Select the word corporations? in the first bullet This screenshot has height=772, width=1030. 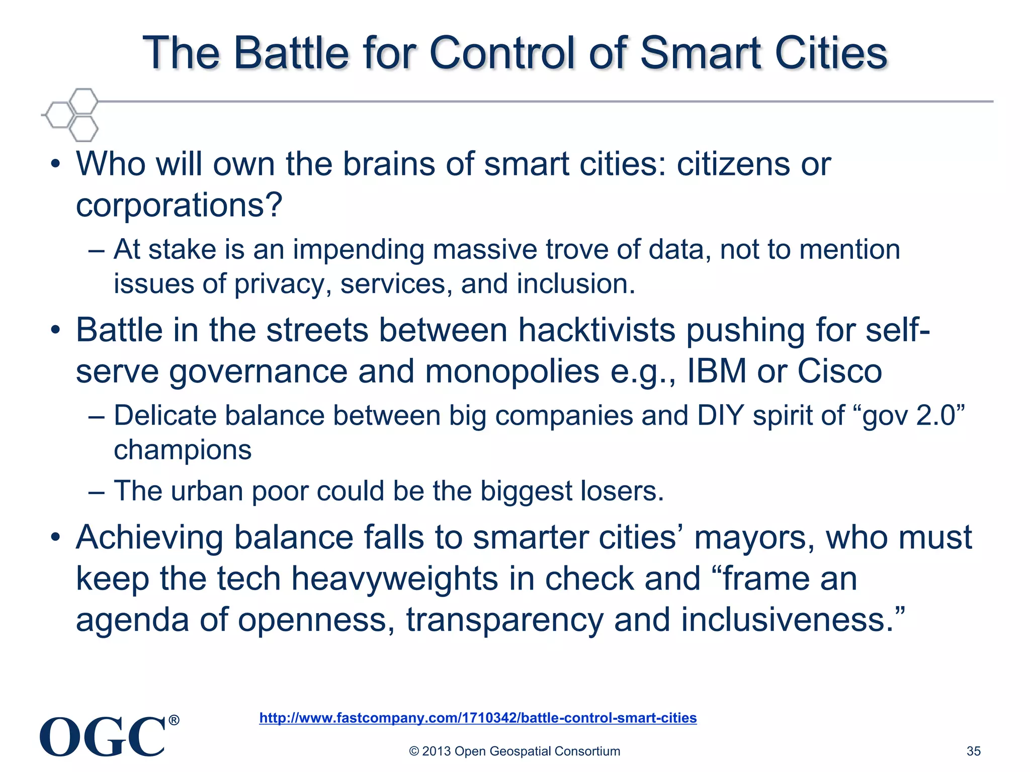point(179,206)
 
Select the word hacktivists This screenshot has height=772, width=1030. point(596,330)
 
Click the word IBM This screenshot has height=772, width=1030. point(717,371)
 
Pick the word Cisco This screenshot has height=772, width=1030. point(839,371)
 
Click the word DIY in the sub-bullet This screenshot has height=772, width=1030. point(720,416)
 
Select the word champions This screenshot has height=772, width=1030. point(183,450)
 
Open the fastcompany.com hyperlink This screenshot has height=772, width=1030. point(478,718)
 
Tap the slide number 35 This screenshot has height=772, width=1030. point(973,751)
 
